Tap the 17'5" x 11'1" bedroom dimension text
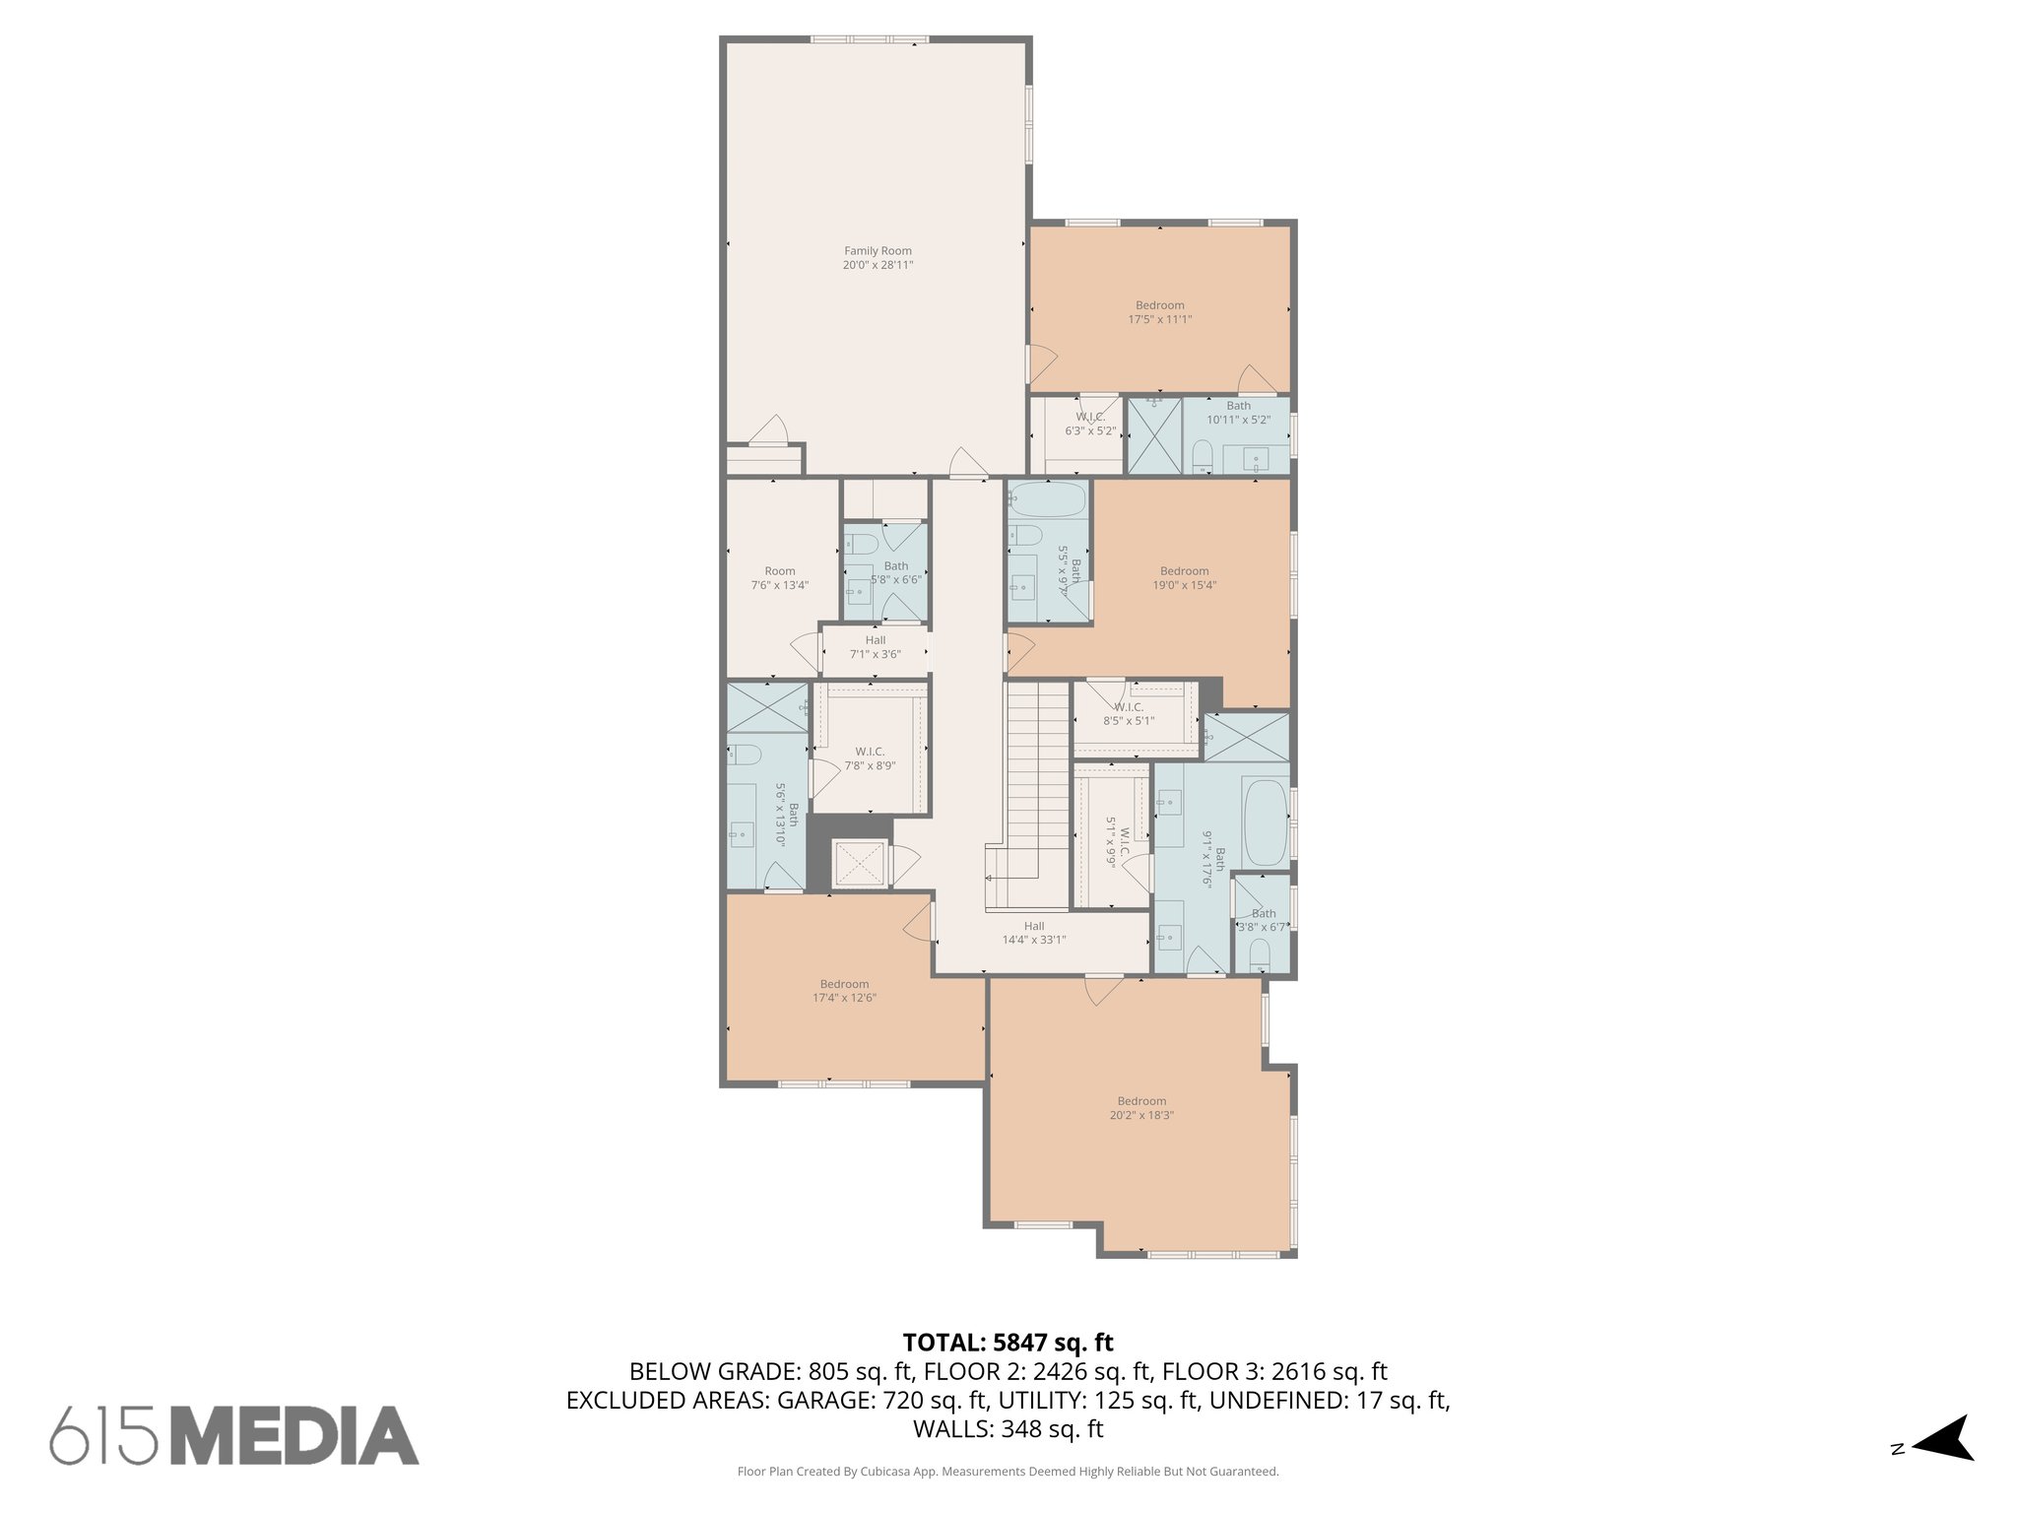[x=1159, y=319]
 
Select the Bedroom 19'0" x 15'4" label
[x=1184, y=578]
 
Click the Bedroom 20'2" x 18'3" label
[x=1141, y=1108]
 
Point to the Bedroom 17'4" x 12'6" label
[x=844, y=991]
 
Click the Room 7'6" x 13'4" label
[x=779, y=578]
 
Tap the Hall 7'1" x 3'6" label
[x=875, y=647]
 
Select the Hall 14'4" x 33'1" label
[x=1033, y=933]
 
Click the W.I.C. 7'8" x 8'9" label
[x=870, y=758]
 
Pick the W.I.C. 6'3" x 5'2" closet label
[x=1090, y=424]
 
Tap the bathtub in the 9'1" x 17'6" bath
[x=1265, y=822]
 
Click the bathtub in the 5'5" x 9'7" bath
[x=1048, y=499]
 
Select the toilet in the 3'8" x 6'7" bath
[x=1259, y=953]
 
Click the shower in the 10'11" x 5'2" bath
[x=1153, y=435]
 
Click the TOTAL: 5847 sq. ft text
[x=1008, y=1342]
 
